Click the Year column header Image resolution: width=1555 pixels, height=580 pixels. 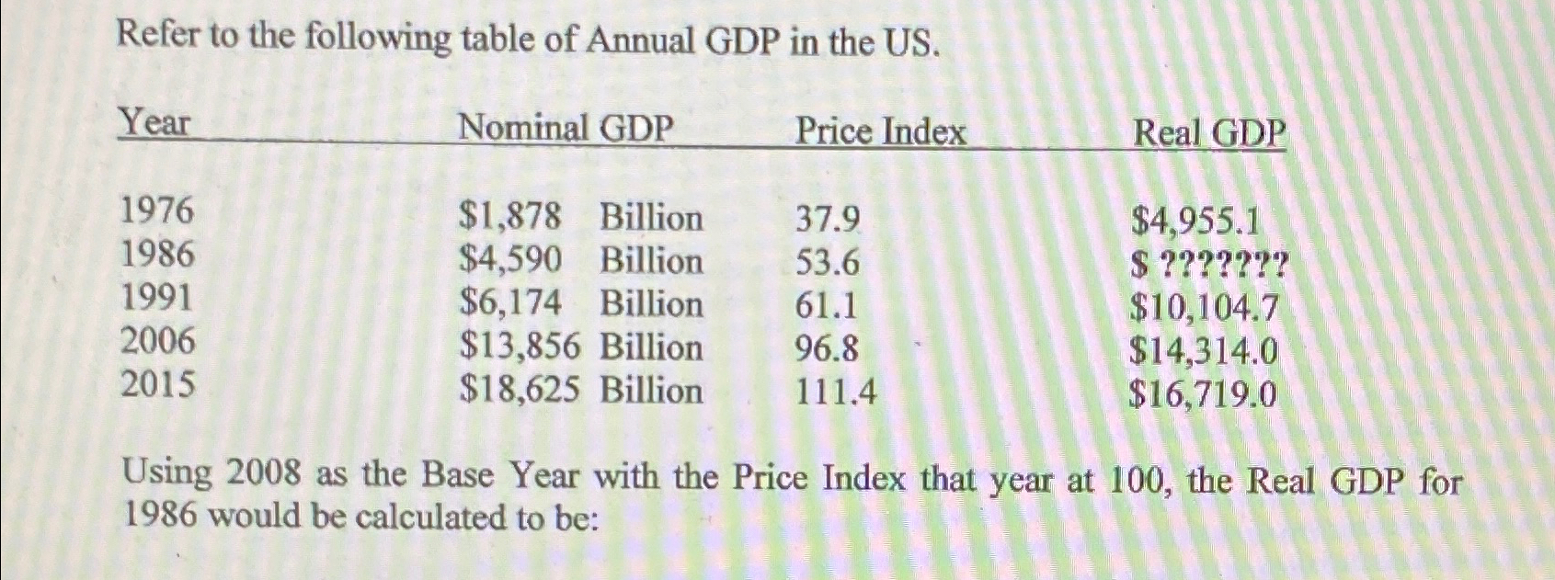154,122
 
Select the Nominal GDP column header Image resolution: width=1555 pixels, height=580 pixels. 566,128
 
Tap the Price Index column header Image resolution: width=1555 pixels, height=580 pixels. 880,131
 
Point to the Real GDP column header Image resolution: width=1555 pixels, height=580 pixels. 1208,133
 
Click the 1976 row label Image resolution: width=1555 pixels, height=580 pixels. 158,211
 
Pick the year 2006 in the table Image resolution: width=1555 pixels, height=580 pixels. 158,342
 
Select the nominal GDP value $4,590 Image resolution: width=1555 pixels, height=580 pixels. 510,261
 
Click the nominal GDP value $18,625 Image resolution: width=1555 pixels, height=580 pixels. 520,391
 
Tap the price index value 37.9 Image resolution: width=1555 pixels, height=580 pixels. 828,220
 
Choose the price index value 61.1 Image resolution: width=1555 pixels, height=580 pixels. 826,305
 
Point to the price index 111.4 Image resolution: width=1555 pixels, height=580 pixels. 836,393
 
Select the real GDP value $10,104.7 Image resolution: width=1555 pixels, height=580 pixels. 1204,309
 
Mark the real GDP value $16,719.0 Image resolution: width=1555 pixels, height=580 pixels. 1203,395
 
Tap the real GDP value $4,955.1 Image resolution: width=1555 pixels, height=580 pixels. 1195,222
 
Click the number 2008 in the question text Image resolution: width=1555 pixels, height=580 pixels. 264,474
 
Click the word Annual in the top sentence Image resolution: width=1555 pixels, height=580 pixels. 641,40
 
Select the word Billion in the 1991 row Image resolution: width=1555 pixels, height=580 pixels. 651,304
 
